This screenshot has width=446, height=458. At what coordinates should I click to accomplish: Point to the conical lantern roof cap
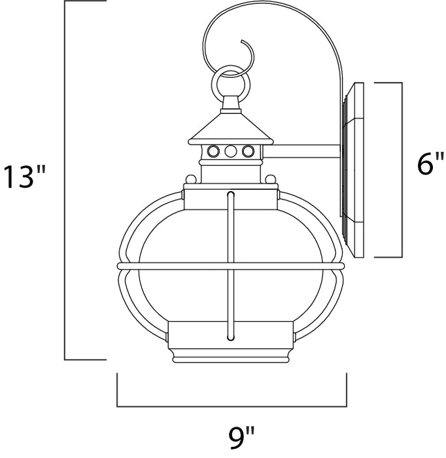231,127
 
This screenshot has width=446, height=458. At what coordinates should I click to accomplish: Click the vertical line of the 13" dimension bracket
65,180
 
